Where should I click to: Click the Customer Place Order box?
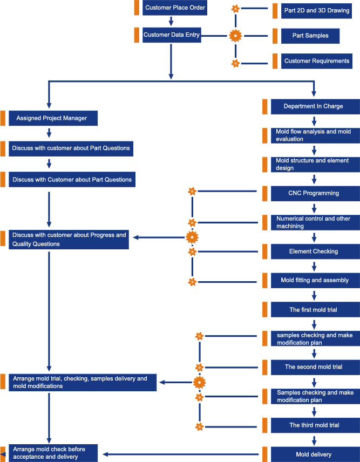pos(175,8)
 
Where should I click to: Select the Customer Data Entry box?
pos(172,35)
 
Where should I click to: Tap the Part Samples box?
pos(310,36)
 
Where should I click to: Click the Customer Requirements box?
pos(317,61)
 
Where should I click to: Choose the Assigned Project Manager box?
pos(53,118)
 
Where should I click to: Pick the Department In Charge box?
pos(315,106)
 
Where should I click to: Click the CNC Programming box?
pos(315,193)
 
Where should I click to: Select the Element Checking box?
pos(315,252)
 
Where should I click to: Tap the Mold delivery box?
pos(315,454)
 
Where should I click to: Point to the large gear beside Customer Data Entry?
pos(235,36)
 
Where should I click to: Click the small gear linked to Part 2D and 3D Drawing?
pos(235,9)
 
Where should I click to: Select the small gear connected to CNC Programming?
pos(192,192)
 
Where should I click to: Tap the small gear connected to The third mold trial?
pos(200,426)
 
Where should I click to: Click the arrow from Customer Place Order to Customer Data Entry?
pos(171,21)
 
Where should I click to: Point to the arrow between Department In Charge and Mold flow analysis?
pos(314,121)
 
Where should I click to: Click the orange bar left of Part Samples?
pos(275,36)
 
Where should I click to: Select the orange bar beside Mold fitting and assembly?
pos(265,280)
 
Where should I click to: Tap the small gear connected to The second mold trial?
pos(200,368)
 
